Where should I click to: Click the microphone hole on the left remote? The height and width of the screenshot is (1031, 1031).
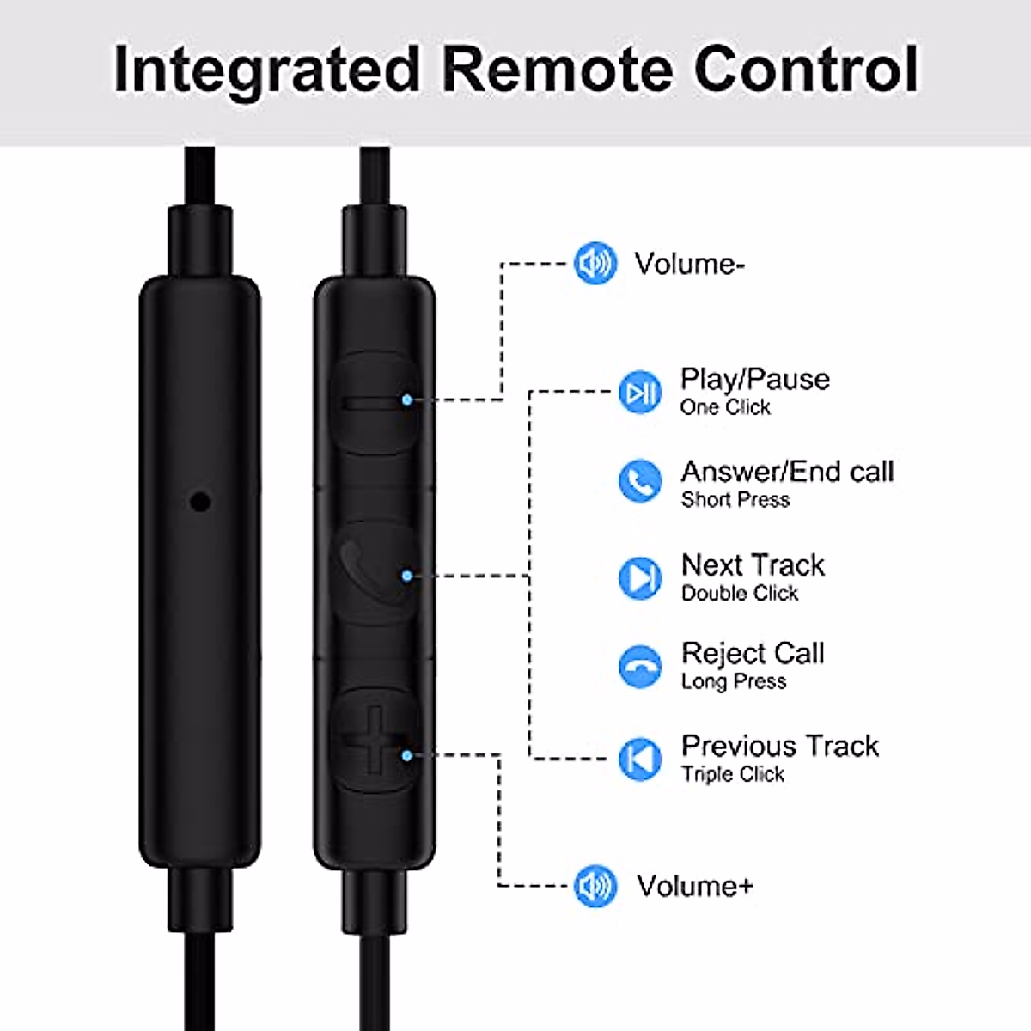(x=200, y=500)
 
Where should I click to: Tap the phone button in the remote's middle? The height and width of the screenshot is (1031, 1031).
(x=375, y=571)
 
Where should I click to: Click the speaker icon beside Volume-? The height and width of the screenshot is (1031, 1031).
(x=595, y=263)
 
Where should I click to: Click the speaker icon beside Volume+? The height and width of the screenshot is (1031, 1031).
(x=595, y=886)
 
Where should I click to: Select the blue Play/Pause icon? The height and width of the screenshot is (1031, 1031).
(x=640, y=393)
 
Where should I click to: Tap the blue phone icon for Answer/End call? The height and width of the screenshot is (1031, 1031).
(x=640, y=481)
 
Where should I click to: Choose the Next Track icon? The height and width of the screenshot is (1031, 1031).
(x=640, y=577)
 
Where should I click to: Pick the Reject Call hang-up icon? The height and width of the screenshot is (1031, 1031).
(x=640, y=666)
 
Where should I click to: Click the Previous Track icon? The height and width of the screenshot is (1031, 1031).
(x=640, y=759)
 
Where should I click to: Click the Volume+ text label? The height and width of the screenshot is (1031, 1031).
(x=694, y=886)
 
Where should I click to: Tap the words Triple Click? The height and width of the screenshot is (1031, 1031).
(x=733, y=774)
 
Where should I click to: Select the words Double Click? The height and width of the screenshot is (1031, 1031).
(x=740, y=593)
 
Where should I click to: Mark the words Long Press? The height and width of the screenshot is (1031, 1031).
(x=734, y=681)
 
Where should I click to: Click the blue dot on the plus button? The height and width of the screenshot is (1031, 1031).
(x=406, y=755)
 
